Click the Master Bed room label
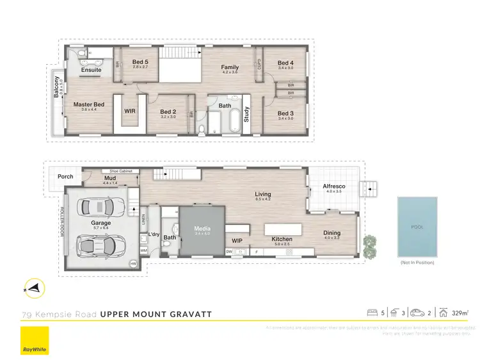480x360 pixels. coord(89,104)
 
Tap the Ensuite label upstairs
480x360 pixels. coord(91,70)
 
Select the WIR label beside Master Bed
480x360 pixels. coord(130,111)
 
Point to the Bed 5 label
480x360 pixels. coord(141,61)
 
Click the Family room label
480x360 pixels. coord(230,67)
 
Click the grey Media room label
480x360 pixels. coord(202,227)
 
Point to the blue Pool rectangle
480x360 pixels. coord(417,226)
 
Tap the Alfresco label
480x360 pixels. coord(334,186)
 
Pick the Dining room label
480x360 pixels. coord(332,233)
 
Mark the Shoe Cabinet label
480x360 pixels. coord(120,172)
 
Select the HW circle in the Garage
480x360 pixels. coord(133,263)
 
